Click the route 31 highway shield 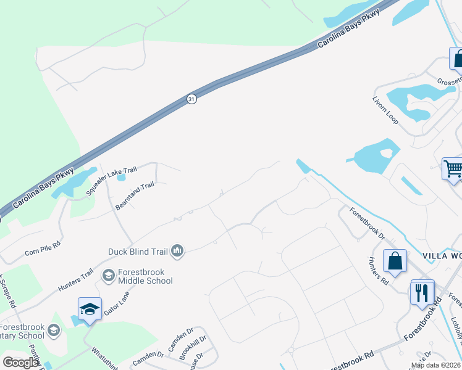point(192,99)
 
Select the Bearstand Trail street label point(134,196)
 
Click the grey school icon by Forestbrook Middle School point(108,276)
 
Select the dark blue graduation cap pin point(90,308)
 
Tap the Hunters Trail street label point(75,280)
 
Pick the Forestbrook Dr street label point(367,223)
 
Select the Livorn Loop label point(385,109)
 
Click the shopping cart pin point(453,168)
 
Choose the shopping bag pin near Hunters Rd point(395,261)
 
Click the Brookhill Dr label point(192,349)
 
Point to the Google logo point(20,362)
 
